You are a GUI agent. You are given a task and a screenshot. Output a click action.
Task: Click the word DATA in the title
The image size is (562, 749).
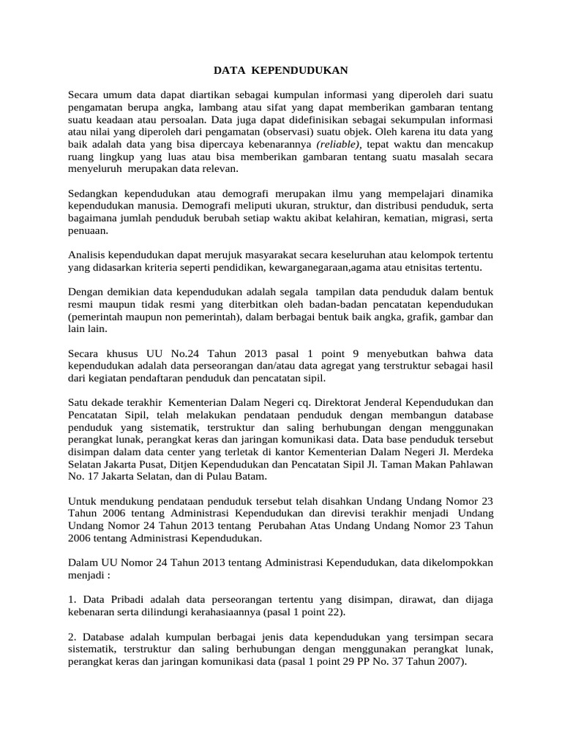coord(230,70)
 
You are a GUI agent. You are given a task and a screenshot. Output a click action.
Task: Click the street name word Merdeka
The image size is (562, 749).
coord(471,452)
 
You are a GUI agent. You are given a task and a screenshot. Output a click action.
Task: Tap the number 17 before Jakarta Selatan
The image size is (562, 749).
coord(93,477)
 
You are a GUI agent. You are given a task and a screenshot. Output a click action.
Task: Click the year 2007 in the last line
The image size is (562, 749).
coord(451,661)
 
